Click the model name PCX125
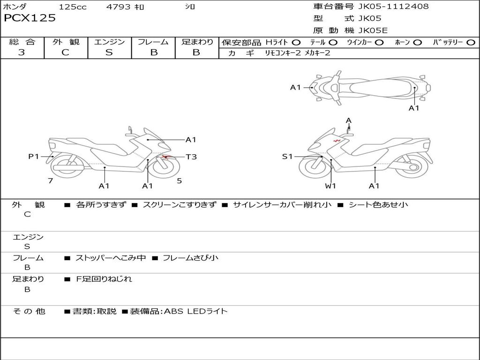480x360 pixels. click(30, 18)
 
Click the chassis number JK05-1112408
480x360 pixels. click(393, 6)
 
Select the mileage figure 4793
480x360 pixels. click(118, 7)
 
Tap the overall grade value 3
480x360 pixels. click(22, 52)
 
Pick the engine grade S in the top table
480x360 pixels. click(109, 52)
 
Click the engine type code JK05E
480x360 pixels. click(373, 30)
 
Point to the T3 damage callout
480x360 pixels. click(191, 157)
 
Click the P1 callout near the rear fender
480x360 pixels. click(34, 157)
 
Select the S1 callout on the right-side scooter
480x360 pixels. click(287, 157)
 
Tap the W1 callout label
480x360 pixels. click(330, 186)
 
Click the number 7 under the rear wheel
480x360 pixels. click(51, 180)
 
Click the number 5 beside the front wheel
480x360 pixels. click(180, 180)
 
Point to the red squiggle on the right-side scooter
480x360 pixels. click(337, 141)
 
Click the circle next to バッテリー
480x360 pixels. click(471, 43)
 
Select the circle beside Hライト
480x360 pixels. click(296, 43)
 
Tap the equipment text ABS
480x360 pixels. click(173, 311)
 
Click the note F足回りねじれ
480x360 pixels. click(104, 279)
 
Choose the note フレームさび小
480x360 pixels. click(190, 258)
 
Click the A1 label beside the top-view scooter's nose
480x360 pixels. click(295, 88)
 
